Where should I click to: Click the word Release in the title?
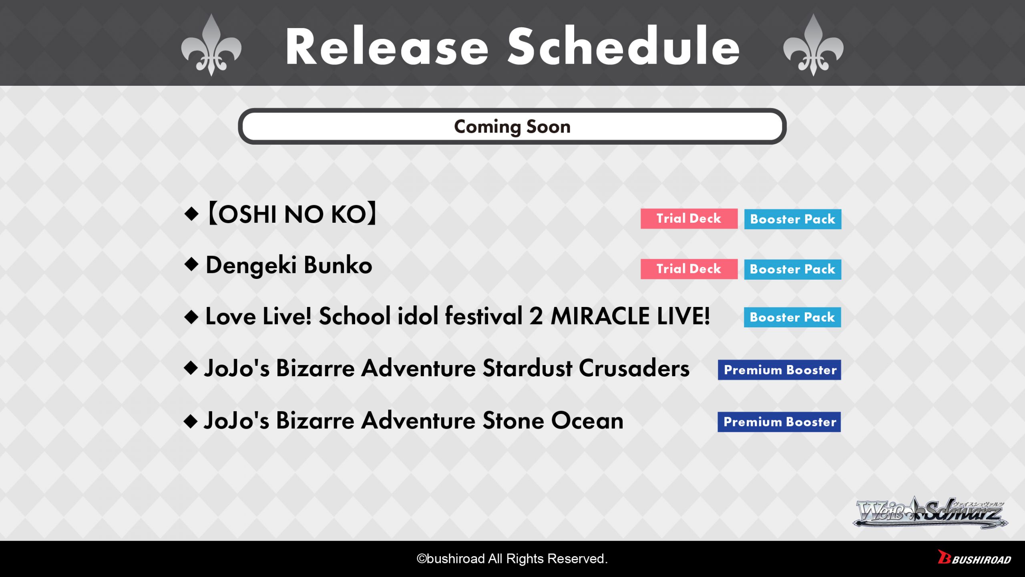pyautogui.click(x=387, y=46)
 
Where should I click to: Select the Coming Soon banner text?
pyautogui.click(x=512, y=127)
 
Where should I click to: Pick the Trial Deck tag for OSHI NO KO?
pyautogui.click(x=689, y=218)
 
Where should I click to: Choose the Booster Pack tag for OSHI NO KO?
pyautogui.click(x=792, y=219)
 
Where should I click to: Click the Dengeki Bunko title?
pyautogui.click(x=289, y=266)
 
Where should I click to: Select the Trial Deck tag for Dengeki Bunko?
pyautogui.click(x=689, y=269)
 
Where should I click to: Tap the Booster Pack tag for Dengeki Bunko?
pyautogui.click(x=792, y=269)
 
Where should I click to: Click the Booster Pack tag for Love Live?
pyautogui.click(x=792, y=317)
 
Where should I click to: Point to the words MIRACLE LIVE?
pyautogui.click(x=630, y=316)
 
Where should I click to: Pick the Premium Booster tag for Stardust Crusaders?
pyautogui.click(x=779, y=370)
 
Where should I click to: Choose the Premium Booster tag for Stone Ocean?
pyautogui.click(x=779, y=422)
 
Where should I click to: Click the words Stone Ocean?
pyautogui.click(x=553, y=421)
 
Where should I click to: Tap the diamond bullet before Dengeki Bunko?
pyautogui.click(x=191, y=264)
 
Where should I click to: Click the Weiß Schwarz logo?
pyautogui.click(x=931, y=512)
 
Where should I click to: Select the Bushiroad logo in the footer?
pyautogui.click(x=974, y=558)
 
